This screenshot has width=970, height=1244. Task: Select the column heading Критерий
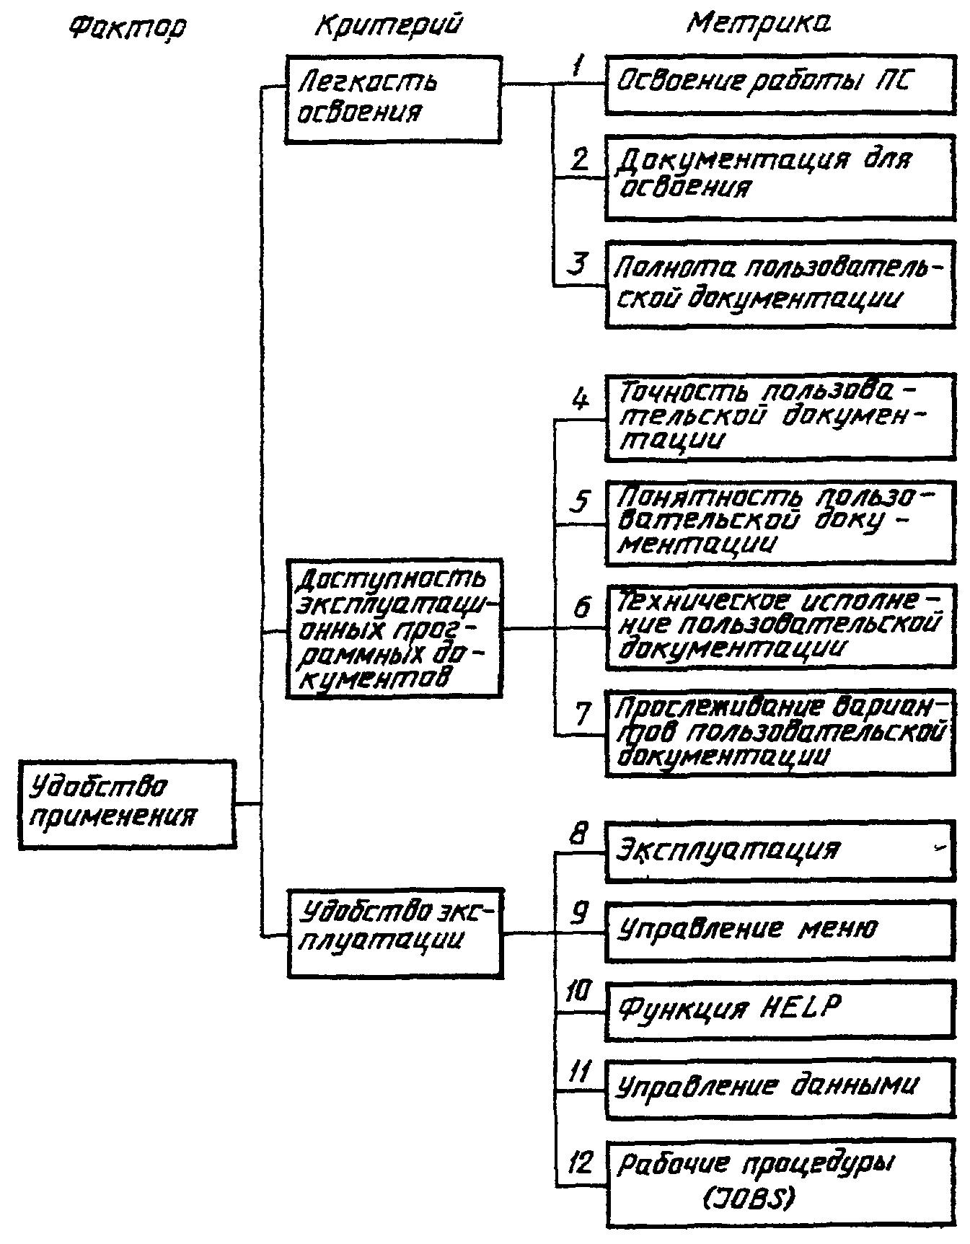pos(388,25)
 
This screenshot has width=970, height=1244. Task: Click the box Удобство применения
pos(127,803)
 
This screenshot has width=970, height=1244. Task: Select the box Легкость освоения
pos(392,99)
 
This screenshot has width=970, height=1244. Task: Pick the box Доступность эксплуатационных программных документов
pos(394,628)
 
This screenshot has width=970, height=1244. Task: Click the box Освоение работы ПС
pos(780,84)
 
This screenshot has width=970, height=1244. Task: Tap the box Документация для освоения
pos(780,177)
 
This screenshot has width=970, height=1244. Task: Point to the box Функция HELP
pos(780,1010)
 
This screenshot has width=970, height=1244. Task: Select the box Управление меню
pos(780,930)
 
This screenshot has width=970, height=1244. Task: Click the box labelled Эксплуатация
pos(780,850)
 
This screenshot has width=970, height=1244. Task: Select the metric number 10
pos(578,993)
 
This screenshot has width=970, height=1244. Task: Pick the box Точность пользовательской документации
pos(780,417)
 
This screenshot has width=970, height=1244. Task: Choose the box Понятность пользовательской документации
pos(780,522)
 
